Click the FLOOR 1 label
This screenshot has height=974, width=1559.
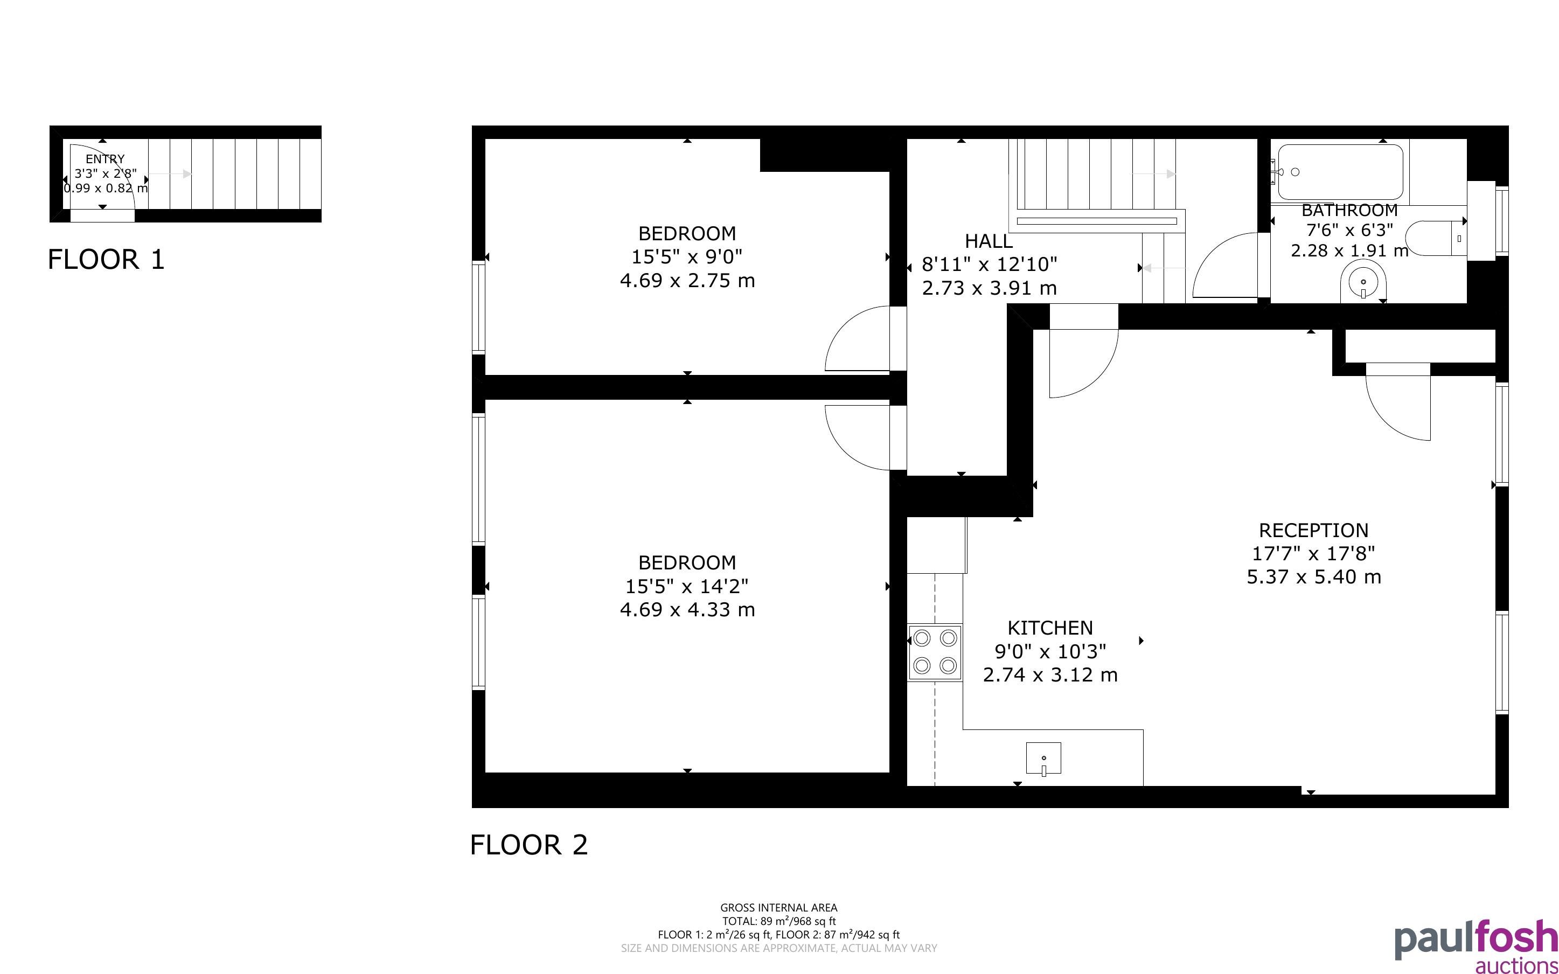click(x=106, y=260)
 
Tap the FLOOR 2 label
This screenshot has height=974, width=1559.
click(x=528, y=845)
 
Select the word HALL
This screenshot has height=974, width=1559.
click(x=989, y=241)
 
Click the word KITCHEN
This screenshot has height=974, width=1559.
click(x=1050, y=628)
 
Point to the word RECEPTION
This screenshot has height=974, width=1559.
click(x=1314, y=531)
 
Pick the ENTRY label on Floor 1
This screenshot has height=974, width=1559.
click(x=105, y=159)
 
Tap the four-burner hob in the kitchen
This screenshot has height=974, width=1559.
click(x=935, y=652)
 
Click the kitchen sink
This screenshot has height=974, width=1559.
click(x=1043, y=758)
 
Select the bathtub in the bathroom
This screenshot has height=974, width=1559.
click(x=1340, y=172)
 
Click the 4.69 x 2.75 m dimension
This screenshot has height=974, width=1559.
click(x=687, y=281)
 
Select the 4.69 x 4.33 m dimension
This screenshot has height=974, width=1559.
click(x=687, y=610)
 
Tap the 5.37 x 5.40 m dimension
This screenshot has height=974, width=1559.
click(x=1314, y=577)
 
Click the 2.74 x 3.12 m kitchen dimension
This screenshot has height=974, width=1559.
click(x=1050, y=675)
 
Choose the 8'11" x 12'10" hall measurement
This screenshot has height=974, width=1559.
click(x=989, y=265)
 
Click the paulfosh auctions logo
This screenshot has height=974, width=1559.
click(x=1476, y=945)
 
